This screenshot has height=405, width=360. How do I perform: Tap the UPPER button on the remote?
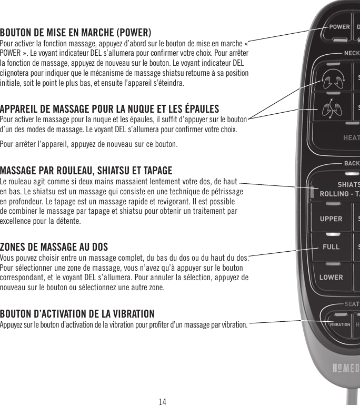(331, 219)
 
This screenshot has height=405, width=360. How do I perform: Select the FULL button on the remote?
(331, 246)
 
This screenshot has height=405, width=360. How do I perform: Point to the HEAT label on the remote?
(351, 138)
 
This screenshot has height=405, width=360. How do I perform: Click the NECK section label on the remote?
(352, 53)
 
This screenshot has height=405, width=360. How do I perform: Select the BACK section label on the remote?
(352, 163)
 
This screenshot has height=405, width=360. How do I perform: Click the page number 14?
(163, 401)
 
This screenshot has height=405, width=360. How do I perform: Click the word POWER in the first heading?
(134, 31)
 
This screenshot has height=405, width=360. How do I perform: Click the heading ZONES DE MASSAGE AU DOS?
(54, 246)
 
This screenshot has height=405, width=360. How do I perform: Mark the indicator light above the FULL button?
(333, 234)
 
